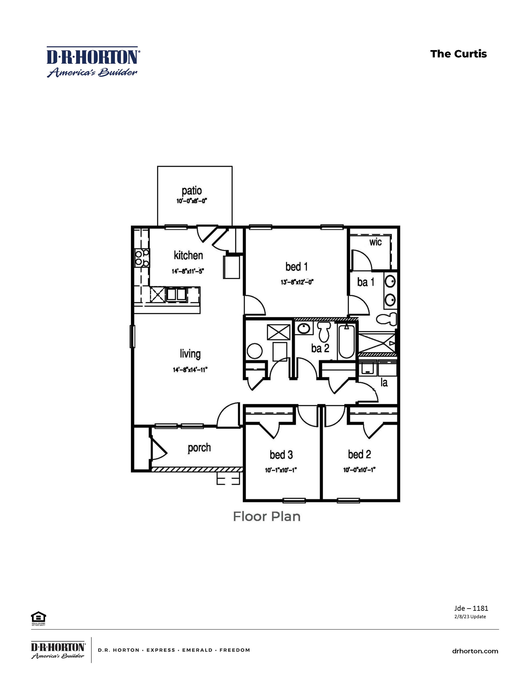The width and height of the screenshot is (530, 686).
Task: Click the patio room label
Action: (192, 191)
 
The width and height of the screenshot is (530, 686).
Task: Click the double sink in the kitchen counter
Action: (176, 295)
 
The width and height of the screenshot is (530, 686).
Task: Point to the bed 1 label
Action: (296, 267)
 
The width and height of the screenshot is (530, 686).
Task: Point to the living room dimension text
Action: (190, 370)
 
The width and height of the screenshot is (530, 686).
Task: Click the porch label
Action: (199, 448)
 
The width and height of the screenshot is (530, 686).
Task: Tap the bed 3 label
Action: (281, 454)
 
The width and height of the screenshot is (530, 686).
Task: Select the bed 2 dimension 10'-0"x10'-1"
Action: (359, 470)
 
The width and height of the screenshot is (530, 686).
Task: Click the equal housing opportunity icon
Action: (38, 618)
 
